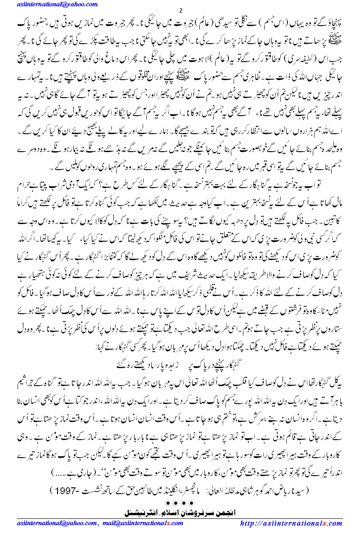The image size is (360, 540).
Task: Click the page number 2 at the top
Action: pos(180,10)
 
